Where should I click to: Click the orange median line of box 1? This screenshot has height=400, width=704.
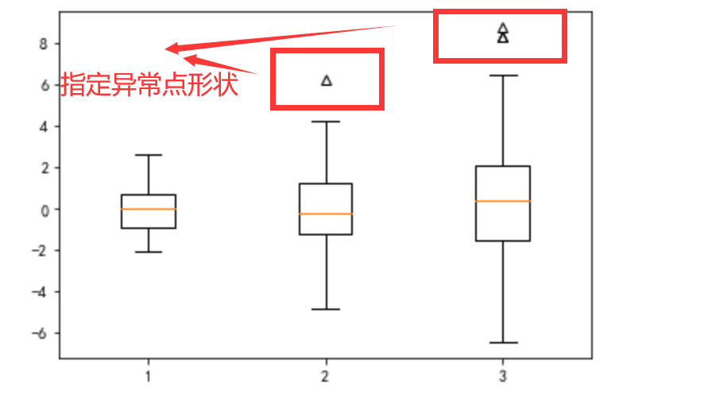click(x=149, y=209)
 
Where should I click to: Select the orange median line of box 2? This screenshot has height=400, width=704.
click(x=326, y=214)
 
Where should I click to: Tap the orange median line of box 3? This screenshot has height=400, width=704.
click(x=503, y=201)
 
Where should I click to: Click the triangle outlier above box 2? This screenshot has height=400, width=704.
click(x=326, y=80)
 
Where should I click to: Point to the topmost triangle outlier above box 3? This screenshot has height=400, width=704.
click(x=503, y=28)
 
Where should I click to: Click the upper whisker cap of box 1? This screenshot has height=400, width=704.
click(x=149, y=155)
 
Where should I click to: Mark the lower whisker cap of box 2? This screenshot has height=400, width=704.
click(x=326, y=309)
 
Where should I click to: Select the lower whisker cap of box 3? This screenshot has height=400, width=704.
click(x=503, y=343)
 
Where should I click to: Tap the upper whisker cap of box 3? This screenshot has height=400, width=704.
click(x=503, y=76)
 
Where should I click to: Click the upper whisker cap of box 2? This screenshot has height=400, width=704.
click(x=326, y=122)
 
